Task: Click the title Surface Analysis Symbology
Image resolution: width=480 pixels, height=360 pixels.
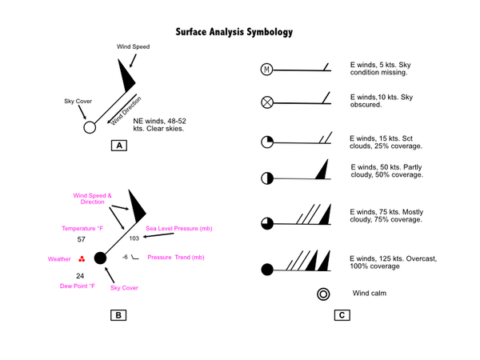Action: point(234,33)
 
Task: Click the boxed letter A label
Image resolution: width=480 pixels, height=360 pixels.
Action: point(119,146)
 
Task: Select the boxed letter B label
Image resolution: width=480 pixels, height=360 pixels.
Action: point(118,314)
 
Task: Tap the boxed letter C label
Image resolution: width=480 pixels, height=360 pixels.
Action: point(341,314)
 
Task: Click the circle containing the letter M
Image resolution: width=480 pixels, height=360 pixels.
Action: point(267,70)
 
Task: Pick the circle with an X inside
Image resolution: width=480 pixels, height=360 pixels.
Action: point(267,102)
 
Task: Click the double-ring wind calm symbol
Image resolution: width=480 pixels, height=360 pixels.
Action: point(324,294)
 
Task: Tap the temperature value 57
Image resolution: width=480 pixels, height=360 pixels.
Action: point(81,240)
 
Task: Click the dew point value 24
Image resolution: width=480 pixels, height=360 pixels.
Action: point(80,276)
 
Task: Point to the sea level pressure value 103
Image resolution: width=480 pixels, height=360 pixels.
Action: point(134,238)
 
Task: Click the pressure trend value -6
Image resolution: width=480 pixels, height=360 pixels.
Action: point(125,257)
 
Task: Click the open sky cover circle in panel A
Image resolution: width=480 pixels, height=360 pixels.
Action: point(90,127)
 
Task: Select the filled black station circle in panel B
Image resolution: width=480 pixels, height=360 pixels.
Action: point(101,258)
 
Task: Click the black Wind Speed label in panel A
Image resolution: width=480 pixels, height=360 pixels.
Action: point(133,46)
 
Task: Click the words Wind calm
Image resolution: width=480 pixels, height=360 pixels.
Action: point(370,294)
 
